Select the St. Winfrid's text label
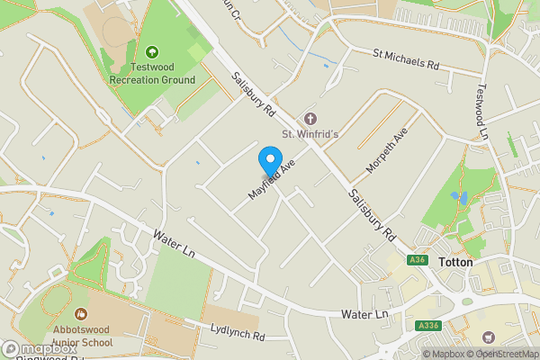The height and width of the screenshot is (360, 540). [x=310, y=135]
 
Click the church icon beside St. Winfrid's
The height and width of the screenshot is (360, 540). [x=310, y=119]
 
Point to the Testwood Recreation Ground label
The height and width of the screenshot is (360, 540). [x=151, y=74]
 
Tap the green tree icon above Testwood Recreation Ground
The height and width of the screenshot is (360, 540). [x=151, y=52]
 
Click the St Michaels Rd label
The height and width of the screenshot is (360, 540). [x=406, y=60]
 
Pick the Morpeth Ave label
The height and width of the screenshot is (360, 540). [x=387, y=149]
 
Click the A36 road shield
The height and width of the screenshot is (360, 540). [x=416, y=260]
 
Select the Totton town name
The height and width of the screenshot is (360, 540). [x=455, y=263]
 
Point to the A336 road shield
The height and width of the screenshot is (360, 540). [x=428, y=325]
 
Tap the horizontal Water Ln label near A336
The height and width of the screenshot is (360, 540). [x=364, y=314]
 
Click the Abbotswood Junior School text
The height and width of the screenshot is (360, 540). [x=81, y=336]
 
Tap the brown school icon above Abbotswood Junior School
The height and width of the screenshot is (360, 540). [x=81, y=314]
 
